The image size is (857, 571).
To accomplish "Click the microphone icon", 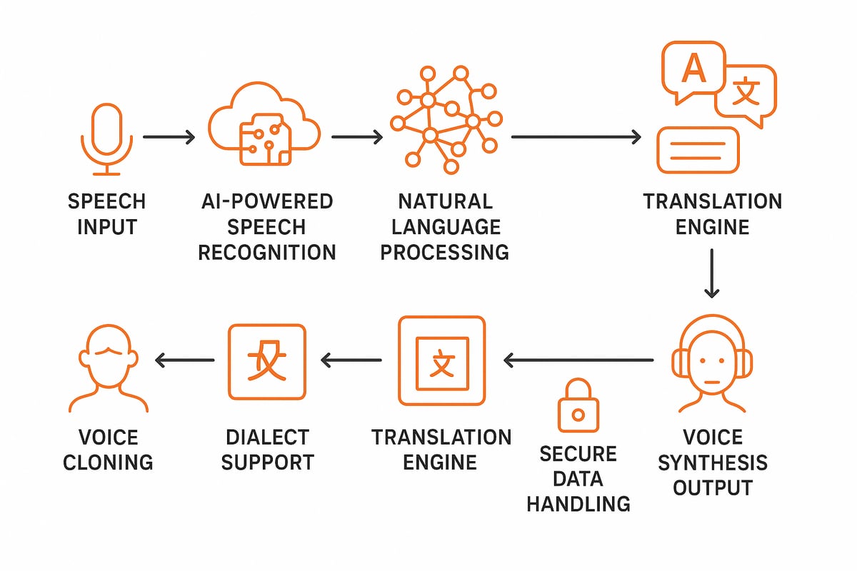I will (106, 139).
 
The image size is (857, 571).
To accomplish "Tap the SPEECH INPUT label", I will (106, 213).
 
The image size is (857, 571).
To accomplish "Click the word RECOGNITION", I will (266, 252).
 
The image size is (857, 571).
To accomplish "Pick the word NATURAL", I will (444, 201).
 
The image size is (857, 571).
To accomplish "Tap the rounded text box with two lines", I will (698, 150).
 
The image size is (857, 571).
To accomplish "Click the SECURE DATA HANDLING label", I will (578, 478).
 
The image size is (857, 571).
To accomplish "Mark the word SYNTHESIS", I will (712, 463).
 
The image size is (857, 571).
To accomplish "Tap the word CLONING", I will (108, 462).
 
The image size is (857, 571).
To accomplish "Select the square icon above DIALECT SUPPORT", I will (266, 362).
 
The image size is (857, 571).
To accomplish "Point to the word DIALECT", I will (266, 437).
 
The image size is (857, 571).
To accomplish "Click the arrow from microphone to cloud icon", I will (169, 138).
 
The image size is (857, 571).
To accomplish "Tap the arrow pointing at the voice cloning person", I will (185, 360).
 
